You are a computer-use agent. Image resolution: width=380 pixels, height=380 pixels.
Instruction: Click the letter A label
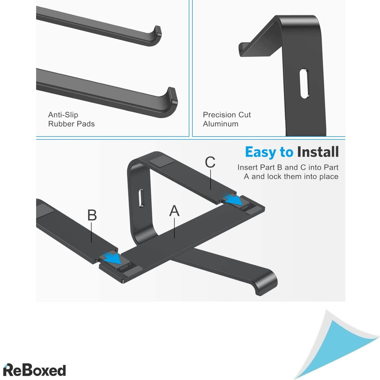pyautogui.click(x=174, y=211)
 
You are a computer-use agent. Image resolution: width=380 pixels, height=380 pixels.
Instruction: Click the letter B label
pyautogui.click(x=92, y=215)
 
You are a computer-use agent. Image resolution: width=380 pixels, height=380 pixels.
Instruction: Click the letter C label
pyautogui.click(x=210, y=162)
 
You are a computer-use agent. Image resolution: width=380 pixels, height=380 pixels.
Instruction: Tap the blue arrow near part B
pyautogui.click(x=113, y=258)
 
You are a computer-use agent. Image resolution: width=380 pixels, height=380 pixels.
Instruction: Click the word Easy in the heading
pyautogui.click(x=260, y=152)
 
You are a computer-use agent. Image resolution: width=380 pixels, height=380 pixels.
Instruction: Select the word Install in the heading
pyautogui.click(x=318, y=152)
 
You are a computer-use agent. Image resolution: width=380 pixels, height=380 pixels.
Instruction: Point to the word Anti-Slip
pyautogui.click(x=63, y=115)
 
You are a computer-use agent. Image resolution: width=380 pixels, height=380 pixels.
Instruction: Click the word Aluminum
pyautogui.click(x=221, y=124)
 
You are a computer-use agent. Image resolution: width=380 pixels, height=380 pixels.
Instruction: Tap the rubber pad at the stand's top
pyautogui.click(x=162, y=160)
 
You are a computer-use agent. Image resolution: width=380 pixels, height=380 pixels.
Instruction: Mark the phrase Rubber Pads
pyautogui.click(x=71, y=124)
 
